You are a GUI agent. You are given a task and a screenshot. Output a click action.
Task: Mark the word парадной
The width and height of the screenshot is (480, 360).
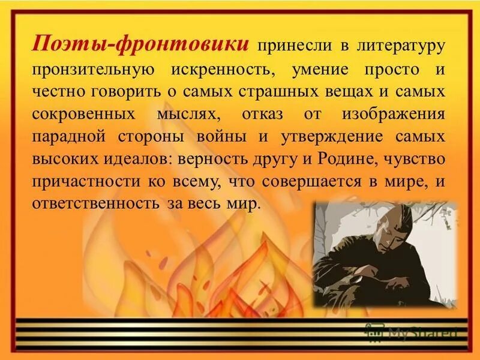click(70, 136)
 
